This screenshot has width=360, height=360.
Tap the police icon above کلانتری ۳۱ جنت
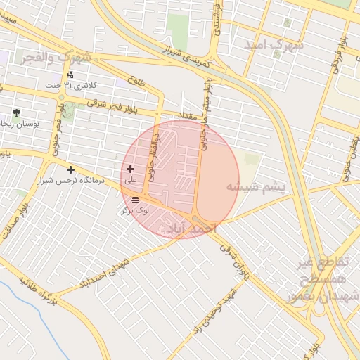(70, 75)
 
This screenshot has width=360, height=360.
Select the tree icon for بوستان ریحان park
(16, 112)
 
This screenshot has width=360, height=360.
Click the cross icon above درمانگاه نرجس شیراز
(70, 169)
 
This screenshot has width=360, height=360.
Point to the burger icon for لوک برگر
(135, 200)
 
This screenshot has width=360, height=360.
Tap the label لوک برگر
(135, 210)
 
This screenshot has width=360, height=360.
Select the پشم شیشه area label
(256, 186)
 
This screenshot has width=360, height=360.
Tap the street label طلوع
(136, 83)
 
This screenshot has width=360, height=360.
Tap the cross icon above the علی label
(130, 169)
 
